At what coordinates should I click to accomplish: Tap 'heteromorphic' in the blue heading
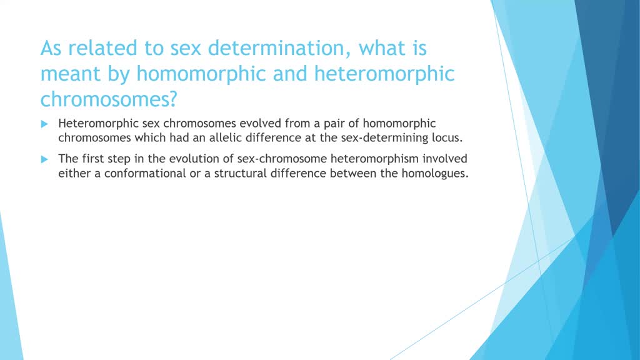tap(384, 74)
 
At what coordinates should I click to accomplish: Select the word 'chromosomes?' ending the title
tap(109, 99)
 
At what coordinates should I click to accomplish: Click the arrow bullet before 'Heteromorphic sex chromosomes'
tap(44, 124)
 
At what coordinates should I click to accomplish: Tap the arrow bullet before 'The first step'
tap(44, 159)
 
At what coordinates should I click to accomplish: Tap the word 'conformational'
tap(145, 173)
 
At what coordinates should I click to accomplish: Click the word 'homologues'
tap(435, 174)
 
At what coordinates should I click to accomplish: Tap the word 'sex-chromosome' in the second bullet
tap(282, 158)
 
